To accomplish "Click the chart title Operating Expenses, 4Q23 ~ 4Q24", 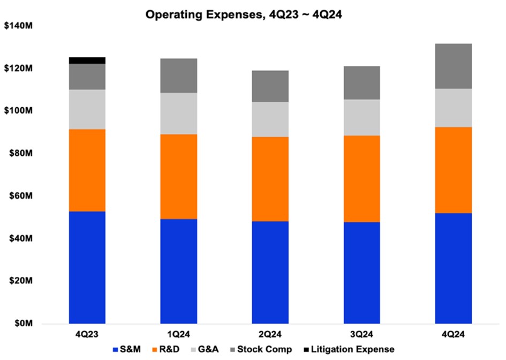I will click(244, 16).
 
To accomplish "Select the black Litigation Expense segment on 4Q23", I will click(87, 60).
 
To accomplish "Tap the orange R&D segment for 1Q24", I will click(179, 176).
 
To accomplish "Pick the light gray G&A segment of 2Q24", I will click(270, 119).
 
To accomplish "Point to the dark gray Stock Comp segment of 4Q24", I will click(454, 66).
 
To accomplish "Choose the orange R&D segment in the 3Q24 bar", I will click(362, 178).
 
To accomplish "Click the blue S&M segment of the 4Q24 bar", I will click(454, 268).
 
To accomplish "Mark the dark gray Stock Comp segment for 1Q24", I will click(179, 76).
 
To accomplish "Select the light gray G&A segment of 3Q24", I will click(362, 117).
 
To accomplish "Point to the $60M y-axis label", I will click(20, 196).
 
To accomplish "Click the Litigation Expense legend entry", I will click(351, 349).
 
